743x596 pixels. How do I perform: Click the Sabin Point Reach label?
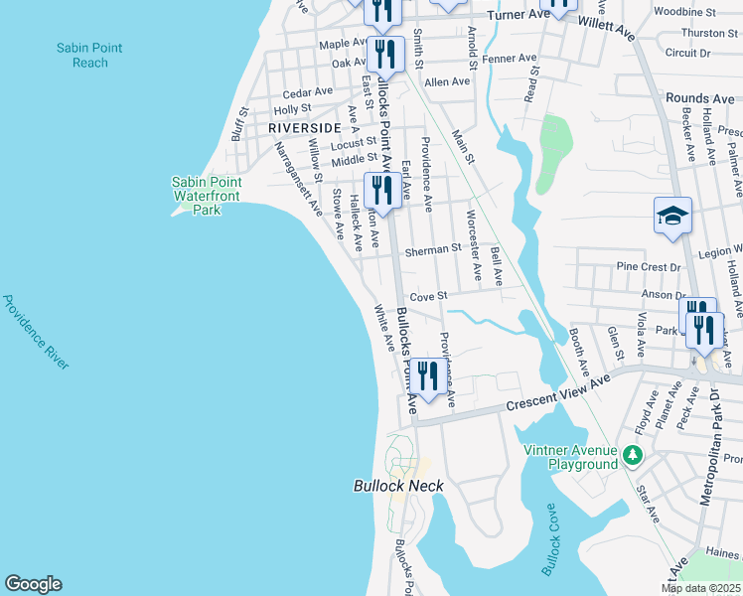[82, 55]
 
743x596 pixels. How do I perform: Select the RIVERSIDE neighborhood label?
[304, 128]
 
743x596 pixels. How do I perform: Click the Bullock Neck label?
[398, 486]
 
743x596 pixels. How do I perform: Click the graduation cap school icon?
[672, 216]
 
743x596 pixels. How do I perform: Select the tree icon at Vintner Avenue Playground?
[632, 457]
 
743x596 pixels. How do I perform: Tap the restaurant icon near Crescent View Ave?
[428, 377]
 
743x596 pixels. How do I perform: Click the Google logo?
[33, 584]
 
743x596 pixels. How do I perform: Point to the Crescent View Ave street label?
[557, 394]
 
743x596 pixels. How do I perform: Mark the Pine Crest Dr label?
[648, 267]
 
